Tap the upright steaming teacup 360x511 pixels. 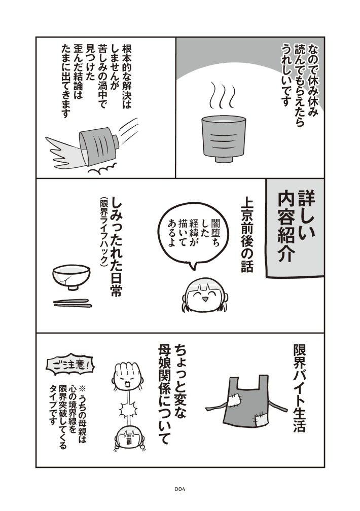[x=224, y=138]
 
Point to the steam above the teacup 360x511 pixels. [x=223, y=95]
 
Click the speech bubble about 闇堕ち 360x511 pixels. [x=188, y=235]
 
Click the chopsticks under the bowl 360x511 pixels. [x=73, y=303]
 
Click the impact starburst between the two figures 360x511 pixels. [x=128, y=411]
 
